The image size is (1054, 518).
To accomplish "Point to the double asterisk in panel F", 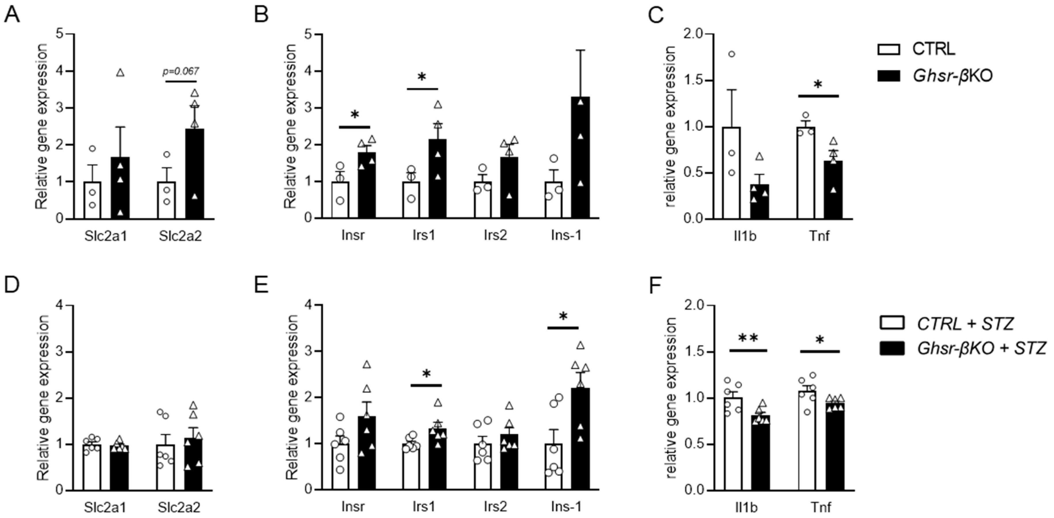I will point(748,338).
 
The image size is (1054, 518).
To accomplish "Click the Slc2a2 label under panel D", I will point(179,507).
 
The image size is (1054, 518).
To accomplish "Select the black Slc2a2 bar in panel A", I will point(195,176).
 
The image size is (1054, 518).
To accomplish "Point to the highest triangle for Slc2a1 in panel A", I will point(120,73).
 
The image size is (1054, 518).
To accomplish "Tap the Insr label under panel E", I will point(353,507).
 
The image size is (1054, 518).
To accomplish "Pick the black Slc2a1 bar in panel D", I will point(119,468).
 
